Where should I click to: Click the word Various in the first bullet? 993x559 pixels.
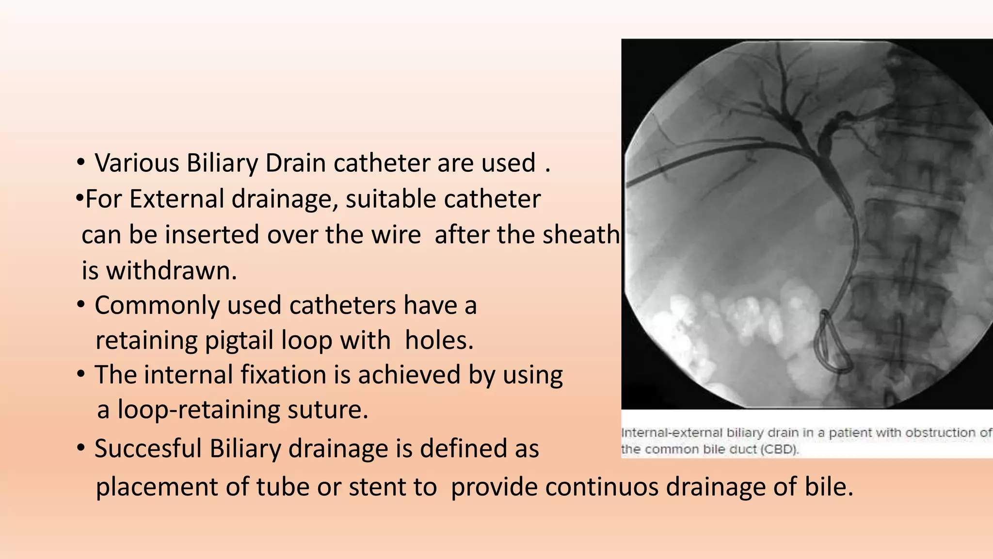point(137,163)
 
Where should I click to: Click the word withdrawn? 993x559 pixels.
point(171,271)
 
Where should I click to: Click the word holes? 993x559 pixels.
point(439,341)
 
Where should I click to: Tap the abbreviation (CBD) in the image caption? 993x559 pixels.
point(779,449)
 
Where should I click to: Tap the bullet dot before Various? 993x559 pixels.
point(81,163)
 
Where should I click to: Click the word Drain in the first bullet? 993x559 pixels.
point(295,163)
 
